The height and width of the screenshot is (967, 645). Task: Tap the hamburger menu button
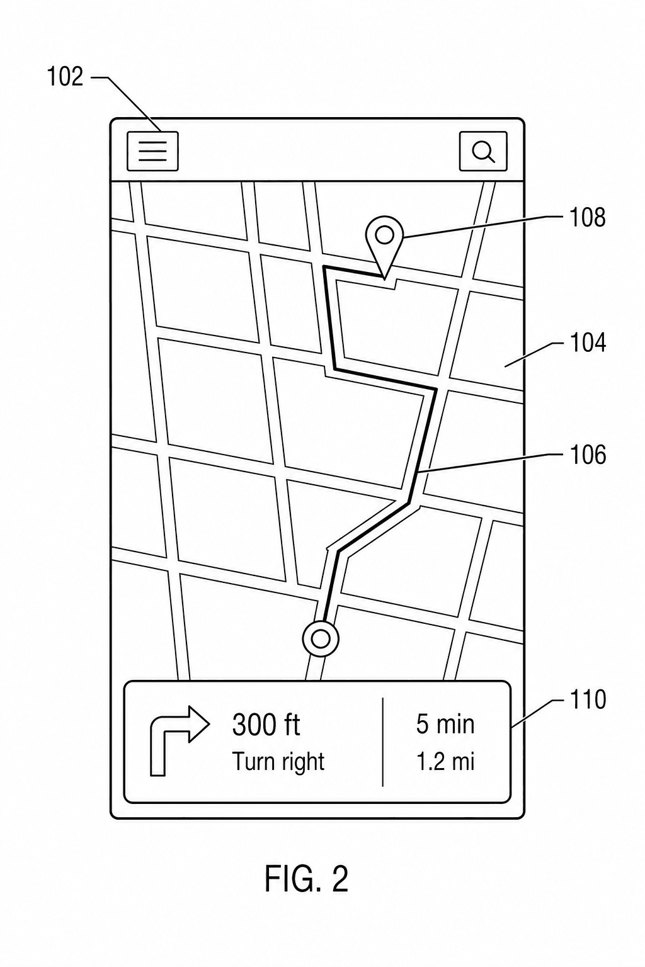(152, 151)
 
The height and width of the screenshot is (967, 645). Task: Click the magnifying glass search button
(483, 151)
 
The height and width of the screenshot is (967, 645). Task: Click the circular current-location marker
(321, 639)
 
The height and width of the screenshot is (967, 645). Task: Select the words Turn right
(278, 762)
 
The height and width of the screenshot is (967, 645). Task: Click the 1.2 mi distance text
(445, 761)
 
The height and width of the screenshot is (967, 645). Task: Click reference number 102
(65, 77)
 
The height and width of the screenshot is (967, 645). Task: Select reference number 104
(588, 342)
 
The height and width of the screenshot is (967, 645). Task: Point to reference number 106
(588, 455)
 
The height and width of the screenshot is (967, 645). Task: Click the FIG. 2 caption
(306, 879)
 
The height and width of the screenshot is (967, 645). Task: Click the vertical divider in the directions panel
(383, 741)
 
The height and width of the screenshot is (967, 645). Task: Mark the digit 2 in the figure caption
(340, 879)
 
